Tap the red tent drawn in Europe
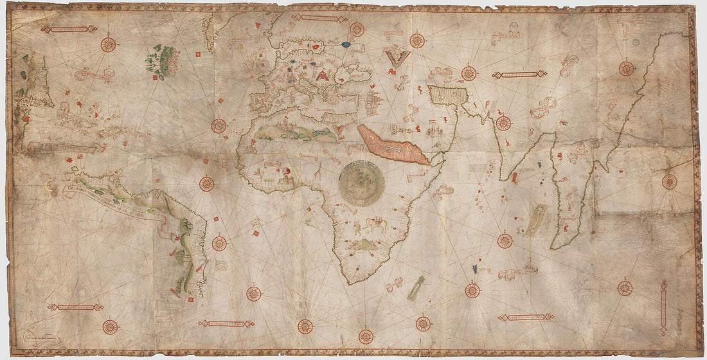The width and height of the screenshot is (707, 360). (321, 75)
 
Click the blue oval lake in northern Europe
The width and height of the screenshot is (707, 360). (346, 45)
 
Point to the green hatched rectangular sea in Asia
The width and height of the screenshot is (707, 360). (449, 95)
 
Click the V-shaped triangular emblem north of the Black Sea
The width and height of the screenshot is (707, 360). (396, 56)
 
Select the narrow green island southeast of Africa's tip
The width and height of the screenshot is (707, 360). (416, 287)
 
